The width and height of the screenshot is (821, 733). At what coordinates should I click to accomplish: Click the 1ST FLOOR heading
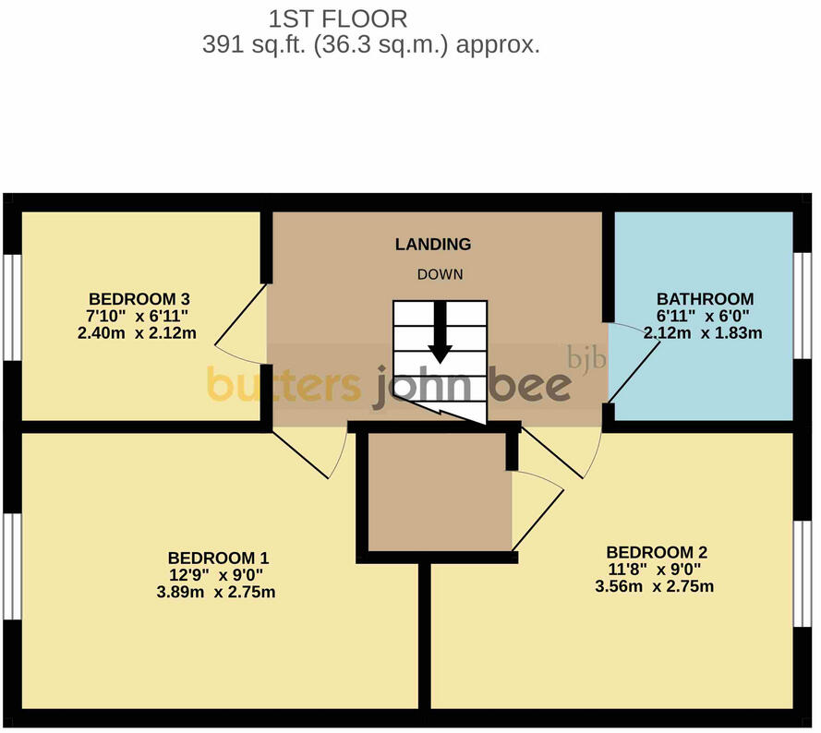[338, 19]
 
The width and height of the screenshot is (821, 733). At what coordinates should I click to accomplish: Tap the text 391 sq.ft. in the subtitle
[254, 44]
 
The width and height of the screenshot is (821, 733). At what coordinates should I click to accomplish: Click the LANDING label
[433, 244]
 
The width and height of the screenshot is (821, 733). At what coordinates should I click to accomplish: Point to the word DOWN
[440, 274]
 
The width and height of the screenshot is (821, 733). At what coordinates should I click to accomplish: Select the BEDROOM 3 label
[139, 299]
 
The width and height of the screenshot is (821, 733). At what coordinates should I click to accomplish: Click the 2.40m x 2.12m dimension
[138, 333]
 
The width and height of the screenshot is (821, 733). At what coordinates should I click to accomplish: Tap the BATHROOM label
[706, 299]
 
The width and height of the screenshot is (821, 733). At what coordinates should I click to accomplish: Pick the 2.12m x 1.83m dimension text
[703, 333]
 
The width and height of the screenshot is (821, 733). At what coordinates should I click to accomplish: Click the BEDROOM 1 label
[218, 558]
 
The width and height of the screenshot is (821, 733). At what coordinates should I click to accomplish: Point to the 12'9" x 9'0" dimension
[216, 575]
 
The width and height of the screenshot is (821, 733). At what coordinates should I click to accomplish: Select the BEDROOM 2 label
[657, 552]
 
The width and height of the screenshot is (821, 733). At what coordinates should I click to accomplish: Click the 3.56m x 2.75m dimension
[655, 586]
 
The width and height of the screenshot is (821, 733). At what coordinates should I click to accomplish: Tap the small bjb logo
[587, 358]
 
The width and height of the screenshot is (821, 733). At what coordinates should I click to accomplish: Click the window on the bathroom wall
[803, 306]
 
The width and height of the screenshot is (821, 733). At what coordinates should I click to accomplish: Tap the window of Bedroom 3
[13, 307]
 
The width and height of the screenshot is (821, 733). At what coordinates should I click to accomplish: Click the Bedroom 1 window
[13, 567]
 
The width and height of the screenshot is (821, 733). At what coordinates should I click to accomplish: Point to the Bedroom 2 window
[803, 574]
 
